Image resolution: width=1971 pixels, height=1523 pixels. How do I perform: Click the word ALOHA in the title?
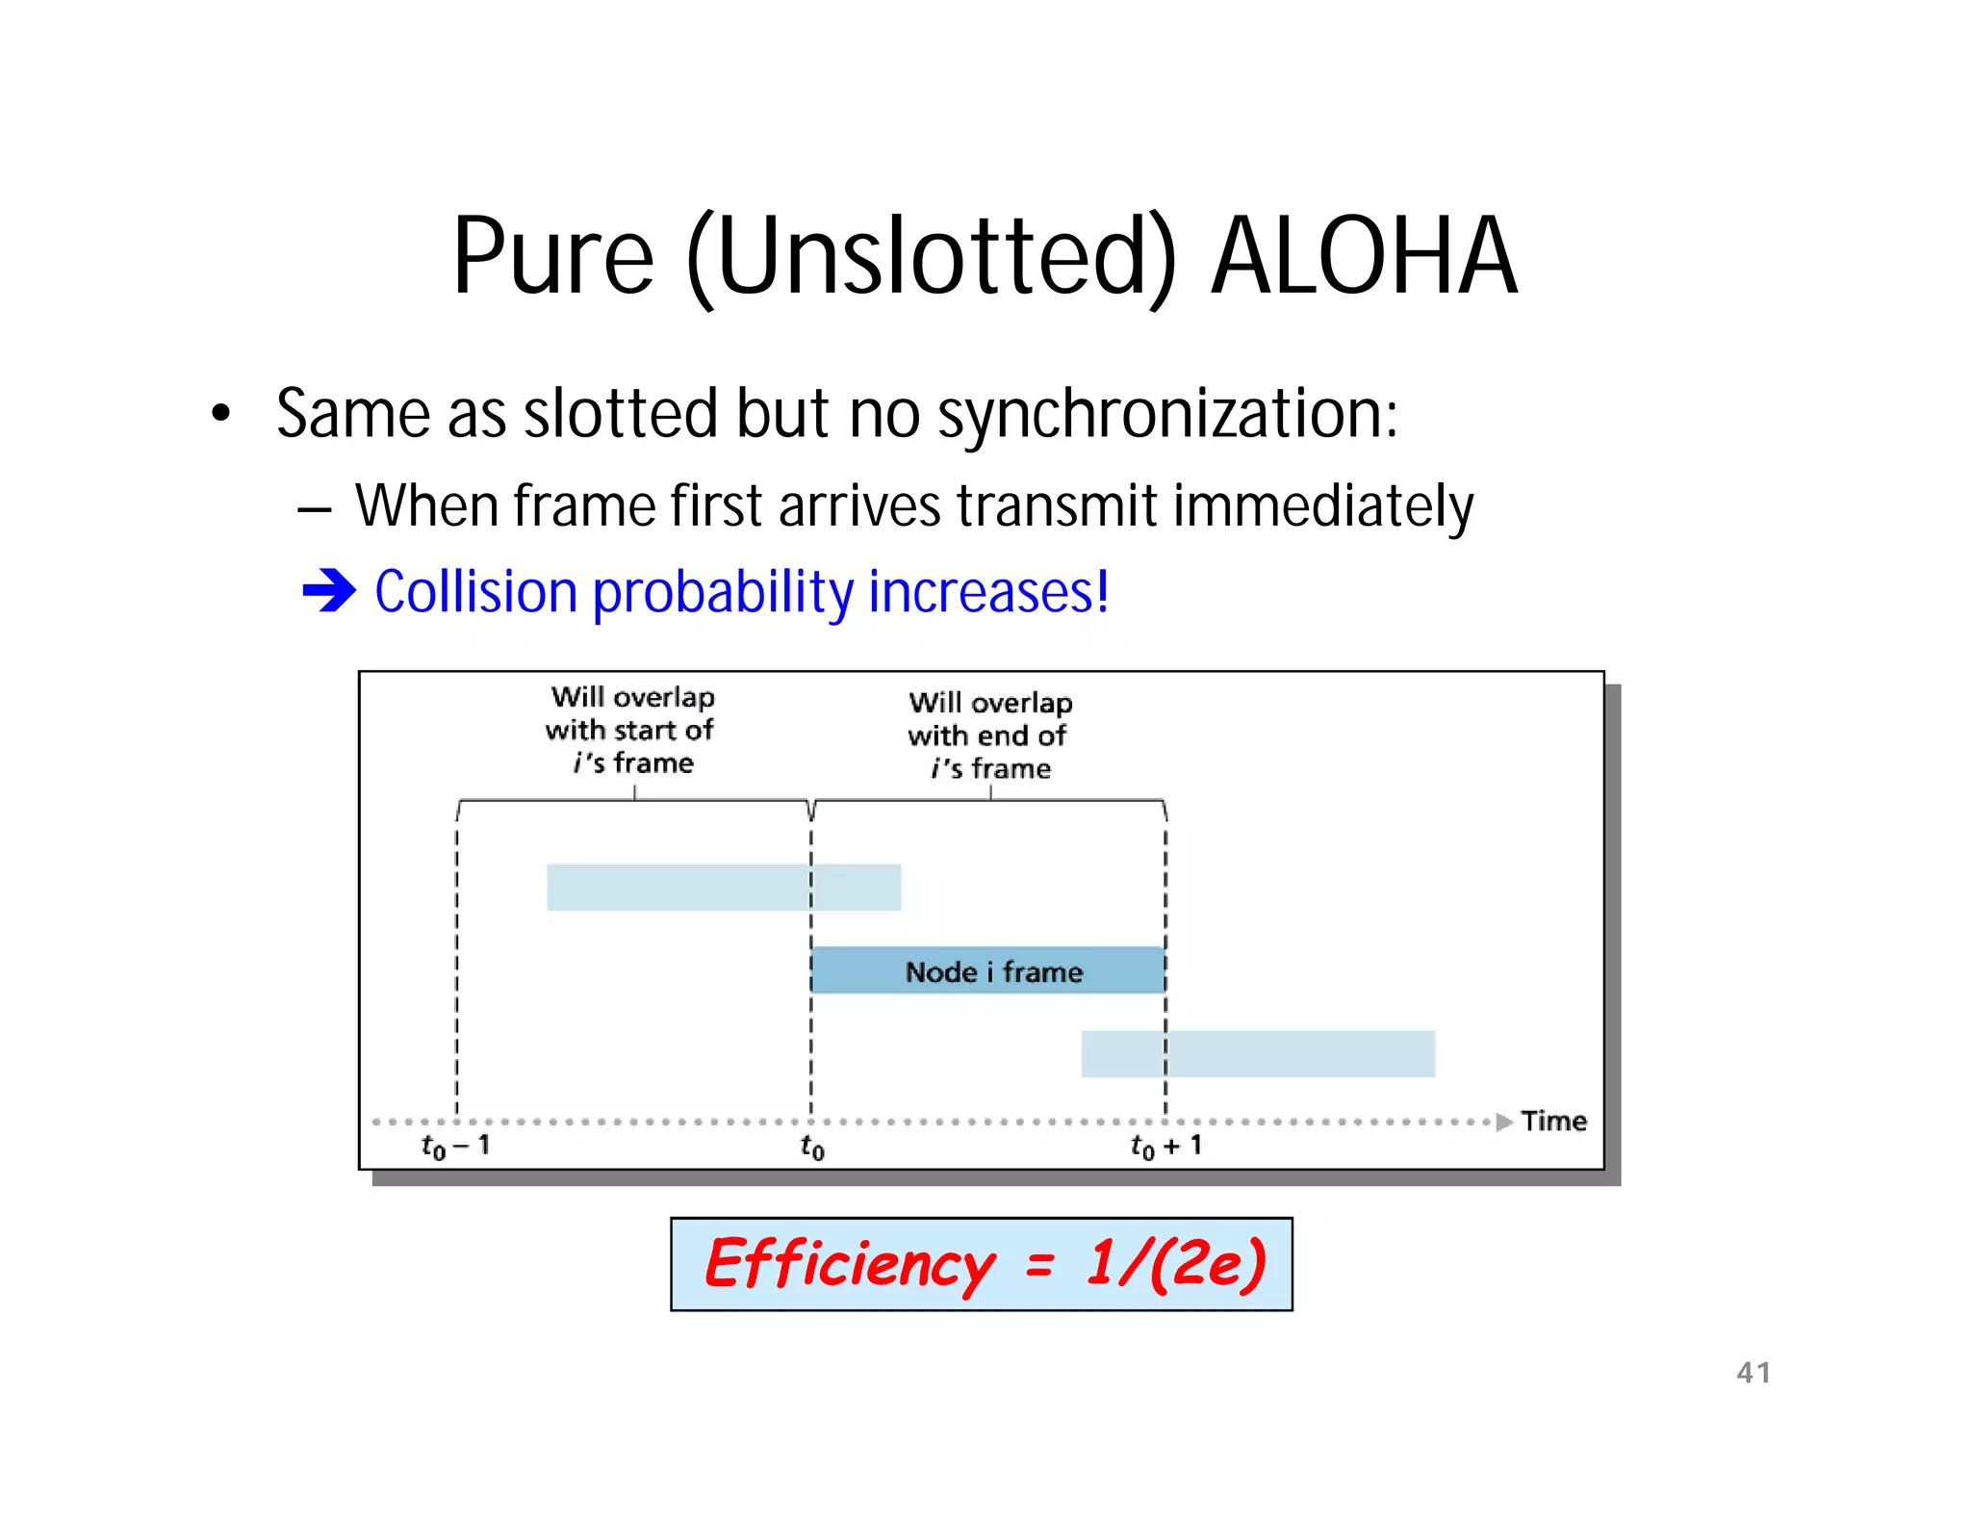point(1364,256)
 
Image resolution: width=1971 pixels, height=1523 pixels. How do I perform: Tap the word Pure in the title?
point(553,256)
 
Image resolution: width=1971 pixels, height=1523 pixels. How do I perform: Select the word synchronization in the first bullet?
point(1166,414)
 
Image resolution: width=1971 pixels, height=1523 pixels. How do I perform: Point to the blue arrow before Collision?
point(329,590)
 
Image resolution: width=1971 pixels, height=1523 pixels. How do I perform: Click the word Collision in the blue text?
point(475,591)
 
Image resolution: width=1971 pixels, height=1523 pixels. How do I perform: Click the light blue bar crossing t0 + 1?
point(1258,1053)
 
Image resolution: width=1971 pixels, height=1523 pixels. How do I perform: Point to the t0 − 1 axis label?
point(456,1146)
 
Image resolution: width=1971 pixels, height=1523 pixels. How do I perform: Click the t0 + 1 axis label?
point(1165,1146)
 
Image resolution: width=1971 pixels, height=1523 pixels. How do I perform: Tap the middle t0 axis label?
point(811,1147)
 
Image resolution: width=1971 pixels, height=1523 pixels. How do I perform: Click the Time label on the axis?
point(1553,1121)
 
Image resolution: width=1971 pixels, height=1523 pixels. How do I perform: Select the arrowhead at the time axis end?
point(1504,1122)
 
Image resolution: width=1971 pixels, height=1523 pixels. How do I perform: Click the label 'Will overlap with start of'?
point(631,713)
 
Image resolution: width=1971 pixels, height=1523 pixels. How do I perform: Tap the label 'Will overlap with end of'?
point(989,719)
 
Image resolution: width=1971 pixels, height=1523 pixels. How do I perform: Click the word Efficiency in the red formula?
point(850,1264)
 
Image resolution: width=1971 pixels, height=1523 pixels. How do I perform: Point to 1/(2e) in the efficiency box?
point(1176,1263)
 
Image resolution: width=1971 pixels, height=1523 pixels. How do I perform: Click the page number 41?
point(1753,1372)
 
